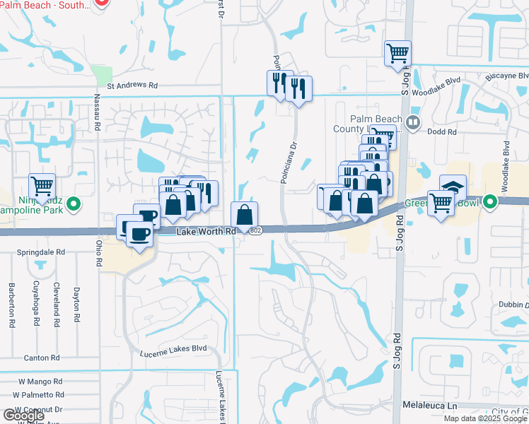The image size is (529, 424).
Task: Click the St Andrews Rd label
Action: (x=132, y=85)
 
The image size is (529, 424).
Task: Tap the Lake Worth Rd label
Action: (x=206, y=231)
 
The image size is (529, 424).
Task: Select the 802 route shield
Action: (x=255, y=231)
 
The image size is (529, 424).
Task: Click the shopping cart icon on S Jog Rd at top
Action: (x=397, y=54)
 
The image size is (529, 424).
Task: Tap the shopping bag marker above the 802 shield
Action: (x=244, y=214)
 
